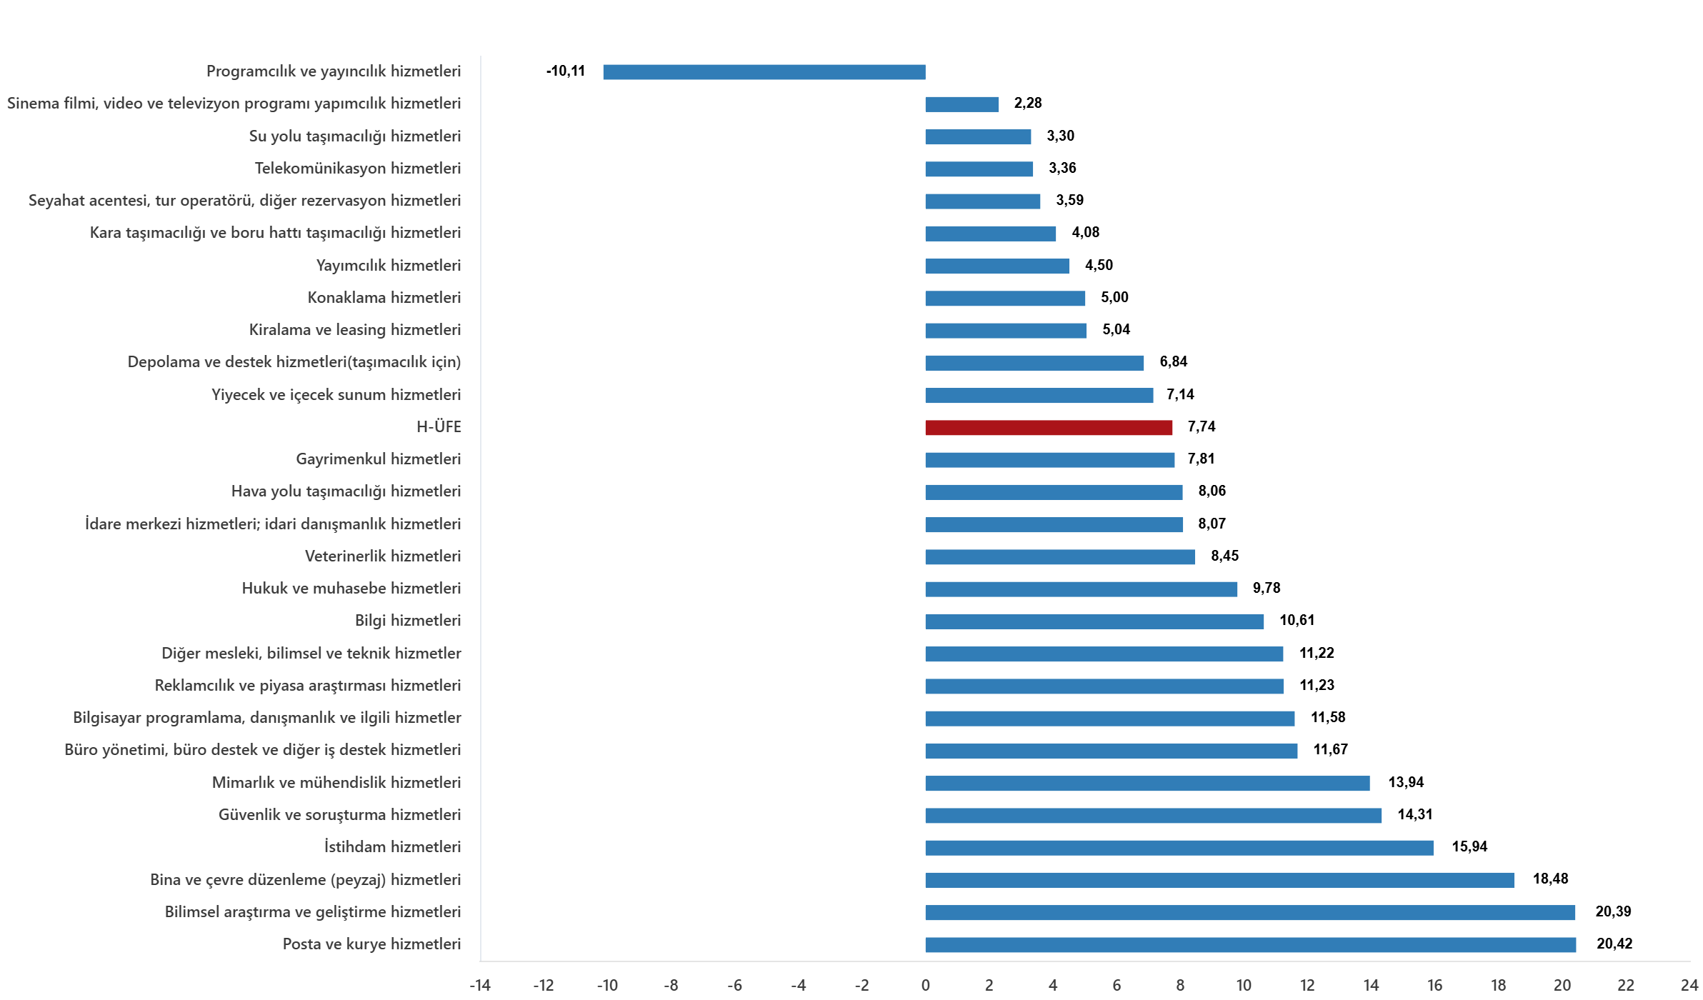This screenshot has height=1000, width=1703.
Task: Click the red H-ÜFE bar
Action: [x=1048, y=428]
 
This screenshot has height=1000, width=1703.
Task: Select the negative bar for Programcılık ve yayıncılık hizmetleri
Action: [x=764, y=72]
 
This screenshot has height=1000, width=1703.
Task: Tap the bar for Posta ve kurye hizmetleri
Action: [x=1250, y=945]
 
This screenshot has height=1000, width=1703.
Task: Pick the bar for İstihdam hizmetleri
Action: [x=1179, y=848]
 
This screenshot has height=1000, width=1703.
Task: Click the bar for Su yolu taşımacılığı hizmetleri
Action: [x=977, y=136]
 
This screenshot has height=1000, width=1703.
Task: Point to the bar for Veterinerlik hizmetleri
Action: [x=1059, y=557]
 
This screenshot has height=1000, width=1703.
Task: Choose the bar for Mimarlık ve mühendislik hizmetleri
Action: [x=1147, y=784]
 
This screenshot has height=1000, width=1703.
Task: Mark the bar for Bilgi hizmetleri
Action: [x=1094, y=621]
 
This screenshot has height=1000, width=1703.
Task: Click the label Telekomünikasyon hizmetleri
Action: [x=357, y=169]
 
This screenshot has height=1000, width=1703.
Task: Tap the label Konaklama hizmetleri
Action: [x=384, y=298]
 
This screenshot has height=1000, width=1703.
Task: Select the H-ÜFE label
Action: [x=439, y=427]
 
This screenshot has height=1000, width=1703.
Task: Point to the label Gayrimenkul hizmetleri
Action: [x=378, y=459]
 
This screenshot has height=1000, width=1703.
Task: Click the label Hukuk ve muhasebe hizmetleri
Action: [x=351, y=589]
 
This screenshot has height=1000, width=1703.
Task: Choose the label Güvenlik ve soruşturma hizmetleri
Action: [x=339, y=815]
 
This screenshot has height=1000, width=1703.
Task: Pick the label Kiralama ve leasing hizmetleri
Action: [x=354, y=330]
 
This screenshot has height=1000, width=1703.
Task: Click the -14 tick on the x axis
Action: [x=479, y=986]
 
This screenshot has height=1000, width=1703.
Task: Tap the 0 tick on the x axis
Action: [x=925, y=986]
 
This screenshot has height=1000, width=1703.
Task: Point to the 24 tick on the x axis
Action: [x=1689, y=986]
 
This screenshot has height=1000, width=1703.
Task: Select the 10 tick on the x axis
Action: [x=1243, y=986]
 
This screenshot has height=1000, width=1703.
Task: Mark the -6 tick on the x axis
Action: [x=734, y=986]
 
